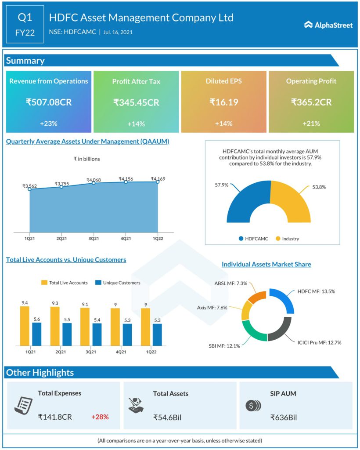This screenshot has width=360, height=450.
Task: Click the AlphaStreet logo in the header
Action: click(x=328, y=25)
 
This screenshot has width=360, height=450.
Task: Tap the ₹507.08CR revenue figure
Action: click(x=49, y=102)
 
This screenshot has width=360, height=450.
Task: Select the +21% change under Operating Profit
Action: click(x=311, y=123)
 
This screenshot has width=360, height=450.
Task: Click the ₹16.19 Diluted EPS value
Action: click(x=224, y=102)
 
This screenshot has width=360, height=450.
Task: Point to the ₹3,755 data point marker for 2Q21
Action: click(x=61, y=187)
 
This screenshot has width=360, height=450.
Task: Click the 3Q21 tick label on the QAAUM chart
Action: click(x=94, y=238)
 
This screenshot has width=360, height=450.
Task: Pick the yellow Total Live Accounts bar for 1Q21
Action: click(x=25, y=326)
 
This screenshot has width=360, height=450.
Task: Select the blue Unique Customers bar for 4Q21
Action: click(x=127, y=334)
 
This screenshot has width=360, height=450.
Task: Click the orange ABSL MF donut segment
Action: click(x=257, y=297)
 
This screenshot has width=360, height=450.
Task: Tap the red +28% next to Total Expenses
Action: click(x=100, y=417)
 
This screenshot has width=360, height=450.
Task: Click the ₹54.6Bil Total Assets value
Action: click(x=167, y=417)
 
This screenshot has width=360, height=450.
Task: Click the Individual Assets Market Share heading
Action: click(x=266, y=264)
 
